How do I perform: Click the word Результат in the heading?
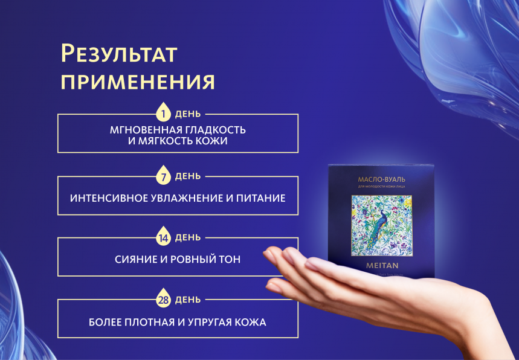[x=119, y=54]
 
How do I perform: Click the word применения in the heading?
[x=138, y=82]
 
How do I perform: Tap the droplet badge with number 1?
[x=163, y=113]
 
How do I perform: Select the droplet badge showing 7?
[x=163, y=176]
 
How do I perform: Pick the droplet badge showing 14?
[x=163, y=238]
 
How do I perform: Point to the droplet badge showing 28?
[x=163, y=300]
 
